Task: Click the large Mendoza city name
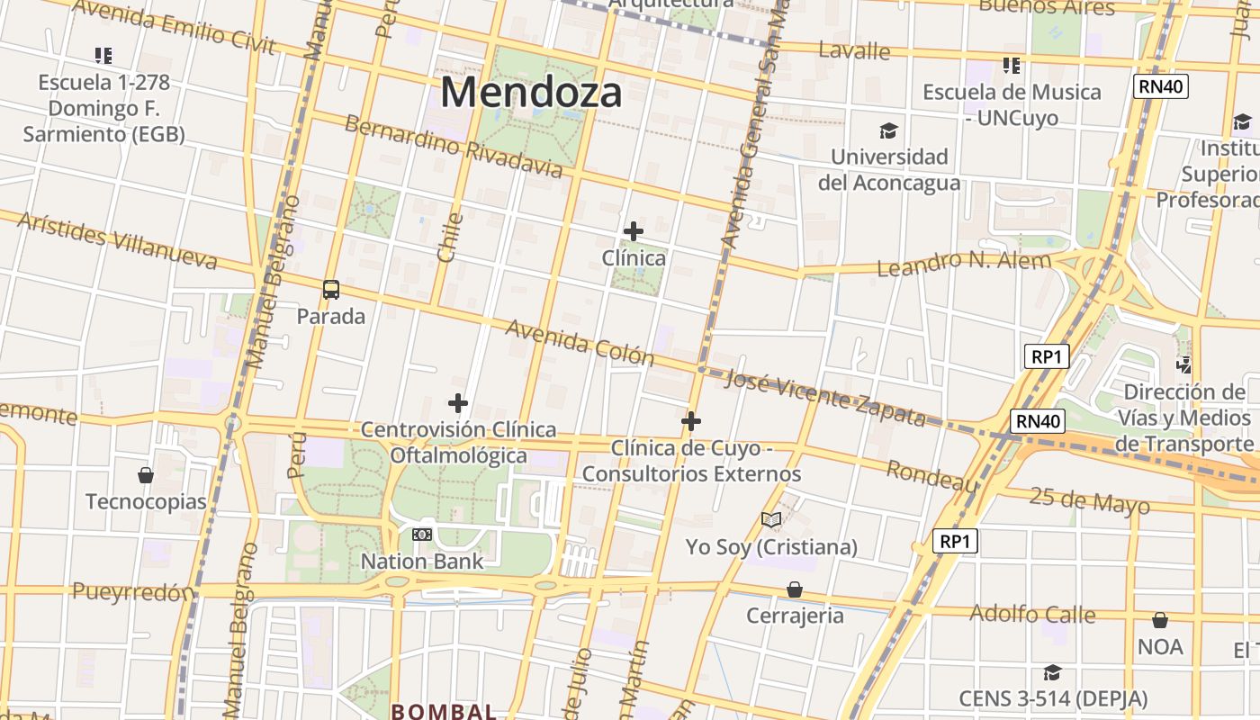531,92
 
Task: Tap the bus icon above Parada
331,290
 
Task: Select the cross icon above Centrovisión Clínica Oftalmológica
458,403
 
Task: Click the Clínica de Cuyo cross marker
691,420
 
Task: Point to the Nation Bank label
422,562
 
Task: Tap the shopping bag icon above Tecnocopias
146,475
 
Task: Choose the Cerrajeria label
795,616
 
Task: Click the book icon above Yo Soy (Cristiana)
771,519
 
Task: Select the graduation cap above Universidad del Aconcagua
888,131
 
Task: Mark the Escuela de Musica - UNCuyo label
1012,104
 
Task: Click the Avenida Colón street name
580,342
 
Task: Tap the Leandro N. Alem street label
963,264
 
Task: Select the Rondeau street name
931,476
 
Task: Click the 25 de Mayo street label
1089,500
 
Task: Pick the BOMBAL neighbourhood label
444,711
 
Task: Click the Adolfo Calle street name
1032,615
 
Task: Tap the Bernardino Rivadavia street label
454,147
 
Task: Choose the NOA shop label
1160,646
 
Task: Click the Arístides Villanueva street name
117,240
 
